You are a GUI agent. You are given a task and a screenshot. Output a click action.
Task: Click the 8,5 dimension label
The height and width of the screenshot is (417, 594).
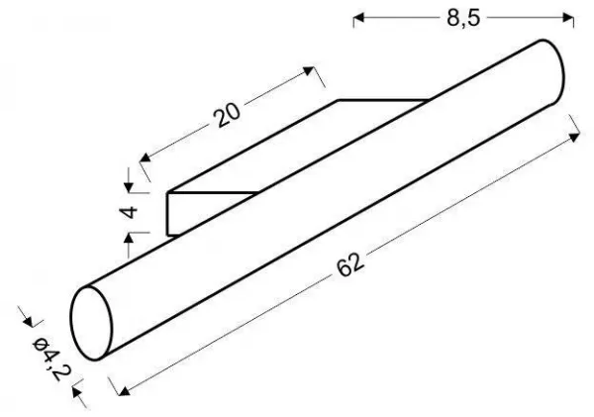point(463,18)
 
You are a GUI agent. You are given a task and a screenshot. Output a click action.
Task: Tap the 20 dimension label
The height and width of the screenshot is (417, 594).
point(227,114)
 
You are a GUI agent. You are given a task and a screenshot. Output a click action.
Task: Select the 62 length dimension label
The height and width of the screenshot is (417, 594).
point(350,263)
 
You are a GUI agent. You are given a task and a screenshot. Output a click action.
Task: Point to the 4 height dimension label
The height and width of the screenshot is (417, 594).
point(130,212)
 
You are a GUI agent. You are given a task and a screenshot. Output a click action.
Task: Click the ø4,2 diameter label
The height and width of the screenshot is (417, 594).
point(50,359)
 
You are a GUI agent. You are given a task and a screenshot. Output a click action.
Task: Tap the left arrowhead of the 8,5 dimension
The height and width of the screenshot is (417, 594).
point(358,18)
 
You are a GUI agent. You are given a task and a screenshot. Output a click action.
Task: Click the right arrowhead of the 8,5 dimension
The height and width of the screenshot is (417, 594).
point(568,18)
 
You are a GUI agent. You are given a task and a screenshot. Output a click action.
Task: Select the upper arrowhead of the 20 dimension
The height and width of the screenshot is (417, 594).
point(309,71)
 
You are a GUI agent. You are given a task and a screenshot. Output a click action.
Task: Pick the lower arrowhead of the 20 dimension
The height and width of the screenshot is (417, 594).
point(146,156)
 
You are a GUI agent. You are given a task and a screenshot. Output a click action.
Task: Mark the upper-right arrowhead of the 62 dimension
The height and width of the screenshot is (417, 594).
point(574,137)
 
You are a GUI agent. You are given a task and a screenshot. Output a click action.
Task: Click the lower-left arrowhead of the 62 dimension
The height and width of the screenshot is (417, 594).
point(125,390)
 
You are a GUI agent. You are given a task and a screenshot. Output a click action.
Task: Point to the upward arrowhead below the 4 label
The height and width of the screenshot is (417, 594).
point(129,238)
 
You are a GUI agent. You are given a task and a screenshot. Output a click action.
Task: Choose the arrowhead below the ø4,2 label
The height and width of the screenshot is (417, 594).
point(77,391)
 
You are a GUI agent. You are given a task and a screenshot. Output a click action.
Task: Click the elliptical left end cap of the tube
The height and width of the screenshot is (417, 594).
point(91,323)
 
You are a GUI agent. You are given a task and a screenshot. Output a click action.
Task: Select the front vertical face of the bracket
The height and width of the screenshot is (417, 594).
point(173,214)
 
